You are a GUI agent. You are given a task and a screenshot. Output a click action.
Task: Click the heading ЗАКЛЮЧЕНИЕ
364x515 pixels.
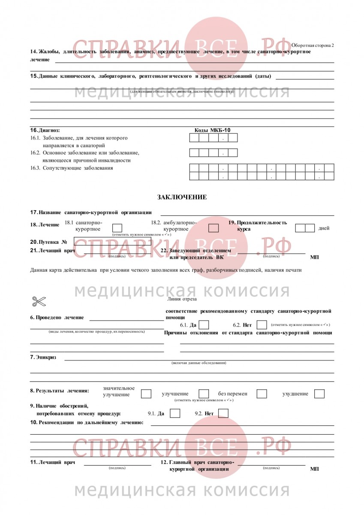coord(182,197)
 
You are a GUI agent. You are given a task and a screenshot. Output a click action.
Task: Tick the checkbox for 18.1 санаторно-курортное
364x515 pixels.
coord(117,228)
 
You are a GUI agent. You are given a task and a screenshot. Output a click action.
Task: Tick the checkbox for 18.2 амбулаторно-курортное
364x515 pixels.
coord(213,228)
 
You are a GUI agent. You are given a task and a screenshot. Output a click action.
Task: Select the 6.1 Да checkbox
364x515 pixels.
coord(204,325)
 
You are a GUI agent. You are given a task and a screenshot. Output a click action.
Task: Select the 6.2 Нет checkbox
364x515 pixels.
coord(262,325)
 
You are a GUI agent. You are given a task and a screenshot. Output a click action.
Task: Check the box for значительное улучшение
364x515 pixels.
coord(146,394)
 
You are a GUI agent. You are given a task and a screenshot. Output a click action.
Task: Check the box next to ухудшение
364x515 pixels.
coord(319,394)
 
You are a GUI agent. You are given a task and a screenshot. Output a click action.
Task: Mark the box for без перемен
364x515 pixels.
coord(262,394)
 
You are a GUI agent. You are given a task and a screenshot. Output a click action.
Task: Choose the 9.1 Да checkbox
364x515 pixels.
coord(175,413)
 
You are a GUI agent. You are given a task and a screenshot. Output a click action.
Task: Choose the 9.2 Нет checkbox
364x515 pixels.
coord(223,413)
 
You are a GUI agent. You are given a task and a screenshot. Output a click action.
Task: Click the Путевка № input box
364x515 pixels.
coord(112,242)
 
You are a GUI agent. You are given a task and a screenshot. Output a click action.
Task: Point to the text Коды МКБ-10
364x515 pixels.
coord(213,130)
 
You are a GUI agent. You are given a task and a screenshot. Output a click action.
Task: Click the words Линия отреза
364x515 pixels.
coord(182,299)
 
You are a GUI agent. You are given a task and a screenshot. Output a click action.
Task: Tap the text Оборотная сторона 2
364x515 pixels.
coord(313,45)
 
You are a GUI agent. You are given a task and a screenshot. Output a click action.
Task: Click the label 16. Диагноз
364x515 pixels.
coord(45,130)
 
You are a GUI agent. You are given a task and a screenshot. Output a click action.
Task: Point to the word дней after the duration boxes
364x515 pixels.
coord(324,228)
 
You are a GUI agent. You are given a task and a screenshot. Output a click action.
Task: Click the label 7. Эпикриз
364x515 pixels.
coord(43,357)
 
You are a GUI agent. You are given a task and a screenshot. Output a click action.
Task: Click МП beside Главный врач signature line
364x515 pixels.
coord(314,469)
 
